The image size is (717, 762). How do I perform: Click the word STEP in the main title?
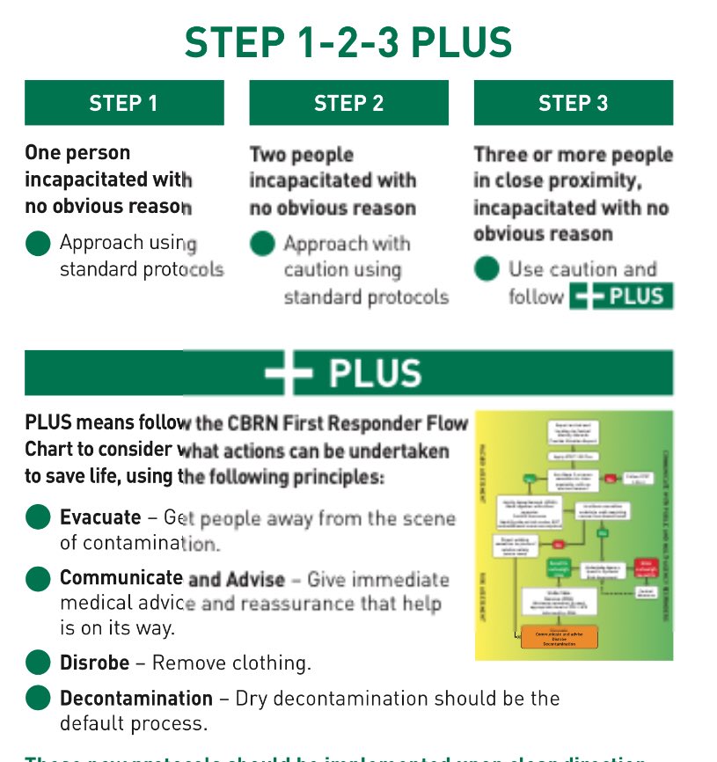pyautogui.click(x=230, y=43)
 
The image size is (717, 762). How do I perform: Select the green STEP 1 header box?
pyautogui.click(x=124, y=103)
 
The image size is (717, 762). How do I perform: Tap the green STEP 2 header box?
pyautogui.click(x=348, y=103)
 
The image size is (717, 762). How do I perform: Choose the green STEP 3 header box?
pyautogui.click(x=573, y=103)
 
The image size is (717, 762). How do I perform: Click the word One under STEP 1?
pyautogui.click(x=44, y=153)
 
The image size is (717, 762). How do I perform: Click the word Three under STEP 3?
pyautogui.click(x=501, y=155)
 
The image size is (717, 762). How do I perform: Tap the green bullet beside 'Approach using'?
pyautogui.click(x=38, y=244)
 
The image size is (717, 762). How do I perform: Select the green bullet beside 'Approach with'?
pyautogui.click(x=262, y=244)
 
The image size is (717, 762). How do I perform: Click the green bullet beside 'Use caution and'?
pyautogui.click(x=487, y=269)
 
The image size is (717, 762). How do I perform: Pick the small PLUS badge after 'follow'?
pyautogui.click(x=621, y=297)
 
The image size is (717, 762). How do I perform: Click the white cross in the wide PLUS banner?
pyautogui.click(x=289, y=373)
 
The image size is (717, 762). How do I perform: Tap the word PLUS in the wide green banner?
pyautogui.click(x=375, y=373)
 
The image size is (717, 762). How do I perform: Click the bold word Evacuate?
pyautogui.click(x=100, y=517)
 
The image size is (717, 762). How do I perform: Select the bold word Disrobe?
pyautogui.click(x=94, y=663)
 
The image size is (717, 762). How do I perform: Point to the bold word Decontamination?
pyautogui.click(x=136, y=699)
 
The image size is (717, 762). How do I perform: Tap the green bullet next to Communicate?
pyautogui.click(x=38, y=579)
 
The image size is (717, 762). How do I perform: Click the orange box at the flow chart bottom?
pyautogui.click(x=560, y=638)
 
